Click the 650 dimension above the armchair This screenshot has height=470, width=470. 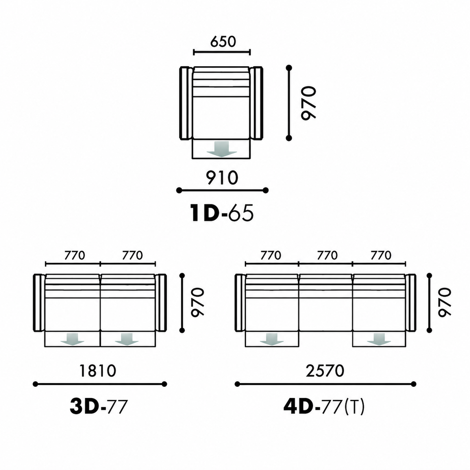coord(223,41)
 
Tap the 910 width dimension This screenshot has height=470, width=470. coord(222,178)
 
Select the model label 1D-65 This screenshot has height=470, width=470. coord(222,213)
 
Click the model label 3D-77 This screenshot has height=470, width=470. coord(99,407)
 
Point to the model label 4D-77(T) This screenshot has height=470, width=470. coord(324,407)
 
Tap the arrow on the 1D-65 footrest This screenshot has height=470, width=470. coord(222,149)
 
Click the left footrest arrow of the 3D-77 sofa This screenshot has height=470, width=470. coord(72,339)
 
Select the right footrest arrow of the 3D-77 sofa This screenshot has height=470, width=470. coord(127,339)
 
